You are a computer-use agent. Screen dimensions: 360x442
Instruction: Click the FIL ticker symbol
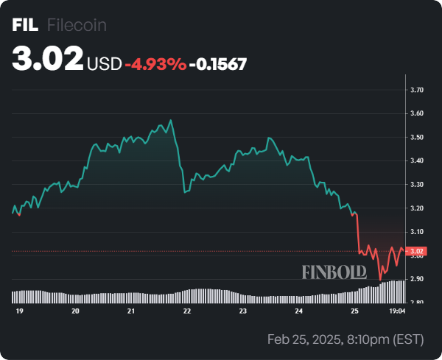pos(25,25)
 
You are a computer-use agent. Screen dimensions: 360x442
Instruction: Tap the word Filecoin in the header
pos(77,25)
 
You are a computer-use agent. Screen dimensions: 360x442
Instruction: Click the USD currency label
pos(104,64)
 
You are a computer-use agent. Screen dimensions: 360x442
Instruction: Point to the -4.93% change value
pos(155,64)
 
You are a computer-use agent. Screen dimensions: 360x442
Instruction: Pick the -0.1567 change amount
pos(217,64)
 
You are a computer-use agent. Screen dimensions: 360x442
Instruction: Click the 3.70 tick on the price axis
pos(417,90)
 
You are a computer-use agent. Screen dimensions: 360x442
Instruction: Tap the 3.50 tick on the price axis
pos(417,138)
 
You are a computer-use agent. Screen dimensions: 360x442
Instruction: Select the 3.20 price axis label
pos(417,208)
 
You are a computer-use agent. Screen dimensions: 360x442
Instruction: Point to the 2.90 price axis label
pos(417,279)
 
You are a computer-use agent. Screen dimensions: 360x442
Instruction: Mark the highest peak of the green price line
pos(171,120)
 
